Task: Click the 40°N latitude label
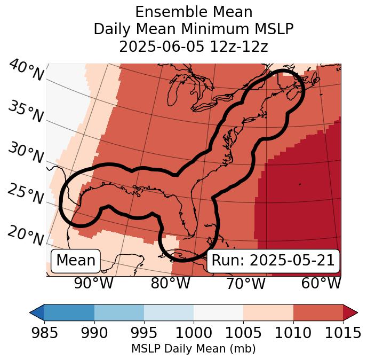pyautogui.click(x=26, y=71)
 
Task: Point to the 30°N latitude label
pyautogui.click(x=25, y=153)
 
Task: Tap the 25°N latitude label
pyautogui.click(x=25, y=194)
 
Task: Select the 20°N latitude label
pyautogui.click(x=25, y=234)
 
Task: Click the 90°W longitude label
pyautogui.click(x=94, y=283)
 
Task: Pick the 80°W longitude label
pyautogui.click(x=170, y=283)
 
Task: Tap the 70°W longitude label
pyautogui.click(x=245, y=283)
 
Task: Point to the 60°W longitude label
pyautogui.click(x=321, y=283)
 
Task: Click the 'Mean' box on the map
pyautogui.click(x=76, y=261)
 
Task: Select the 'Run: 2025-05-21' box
pyautogui.click(x=273, y=261)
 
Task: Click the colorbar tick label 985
pyautogui.click(x=44, y=333)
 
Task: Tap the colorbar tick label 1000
pyautogui.click(x=194, y=333)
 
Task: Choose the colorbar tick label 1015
pyautogui.click(x=342, y=333)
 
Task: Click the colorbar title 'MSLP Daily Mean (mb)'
pyautogui.click(x=193, y=349)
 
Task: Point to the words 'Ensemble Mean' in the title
pyautogui.click(x=193, y=12)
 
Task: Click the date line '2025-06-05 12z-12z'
pyautogui.click(x=193, y=46)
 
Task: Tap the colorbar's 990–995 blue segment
pyautogui.click(x=119, y=312)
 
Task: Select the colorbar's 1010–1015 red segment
pyautogui.click(x=318, y=312)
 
